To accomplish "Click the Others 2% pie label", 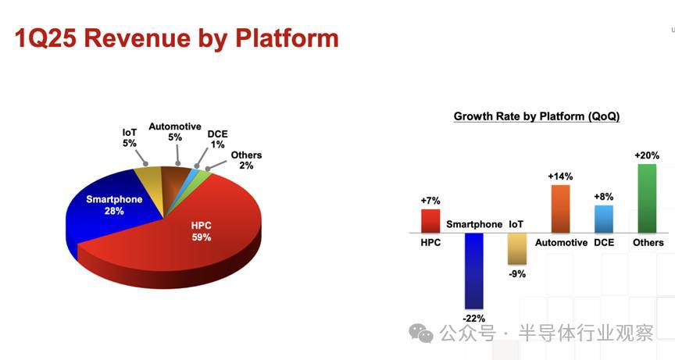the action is [246, 160].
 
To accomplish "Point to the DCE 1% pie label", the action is [217, 139].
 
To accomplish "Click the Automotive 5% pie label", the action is [175, 132].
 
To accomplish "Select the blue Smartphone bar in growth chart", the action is [474, 271].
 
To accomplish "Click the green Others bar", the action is [647, 198].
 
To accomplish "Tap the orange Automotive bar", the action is [560, 209].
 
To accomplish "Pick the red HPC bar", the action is [430, 221].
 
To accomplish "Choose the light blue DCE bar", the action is [604, 219].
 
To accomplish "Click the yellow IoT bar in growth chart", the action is [517, 248].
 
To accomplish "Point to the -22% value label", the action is [474, 319].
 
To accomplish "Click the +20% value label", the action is [647, 155].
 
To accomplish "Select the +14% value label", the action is [560, 176].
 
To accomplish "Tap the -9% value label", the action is [517, 274].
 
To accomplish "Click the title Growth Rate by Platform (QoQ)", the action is [537, 116].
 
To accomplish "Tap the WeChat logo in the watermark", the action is [420, 333].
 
